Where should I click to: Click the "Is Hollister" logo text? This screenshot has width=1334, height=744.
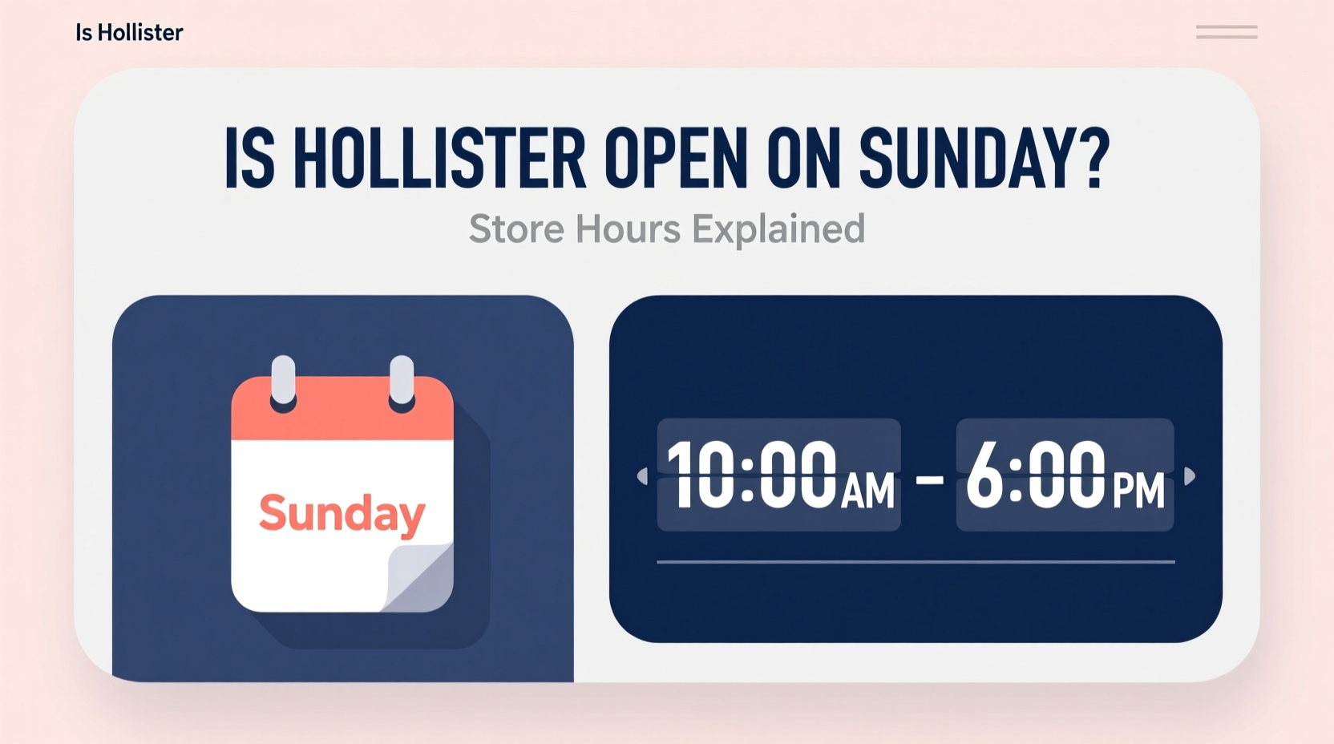coord(129,33)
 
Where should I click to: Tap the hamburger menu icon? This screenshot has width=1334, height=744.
coord(1226,32)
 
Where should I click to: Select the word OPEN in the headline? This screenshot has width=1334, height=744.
coord(676,158)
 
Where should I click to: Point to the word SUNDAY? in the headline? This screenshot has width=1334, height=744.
coord(984,158)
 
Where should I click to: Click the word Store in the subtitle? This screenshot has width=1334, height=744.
coord(516,229)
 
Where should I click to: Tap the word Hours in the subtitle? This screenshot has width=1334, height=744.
coord(628,229)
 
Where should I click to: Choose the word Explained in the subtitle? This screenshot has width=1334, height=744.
coord(778,229)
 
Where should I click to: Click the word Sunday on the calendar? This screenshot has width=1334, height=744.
coord(342,513)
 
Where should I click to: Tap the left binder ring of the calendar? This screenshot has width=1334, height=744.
coord(283,382)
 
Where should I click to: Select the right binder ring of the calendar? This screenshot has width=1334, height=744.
coord(402,382)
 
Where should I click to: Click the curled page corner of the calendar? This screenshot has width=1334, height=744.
coord(419,576)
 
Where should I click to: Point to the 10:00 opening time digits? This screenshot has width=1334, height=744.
coord(751,475)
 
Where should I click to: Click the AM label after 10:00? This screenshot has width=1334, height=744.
coord(867,490)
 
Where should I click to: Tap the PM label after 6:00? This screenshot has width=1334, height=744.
coord(1138,490)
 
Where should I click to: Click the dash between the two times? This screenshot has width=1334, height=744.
coord(929,479)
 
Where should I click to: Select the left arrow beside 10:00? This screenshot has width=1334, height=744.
coord(642,476)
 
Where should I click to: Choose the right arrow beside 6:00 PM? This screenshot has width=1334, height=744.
coord(1190,476)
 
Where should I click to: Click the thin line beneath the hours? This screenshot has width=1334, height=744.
coord(916,562)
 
